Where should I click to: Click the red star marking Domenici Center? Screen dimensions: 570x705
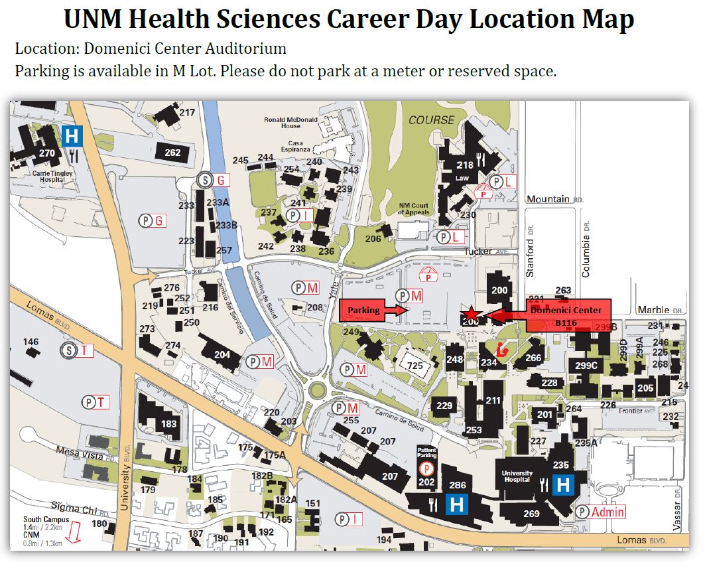coord(470,313)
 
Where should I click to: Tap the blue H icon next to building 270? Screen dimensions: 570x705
coord(72,137)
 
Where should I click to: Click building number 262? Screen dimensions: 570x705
coord(172,153)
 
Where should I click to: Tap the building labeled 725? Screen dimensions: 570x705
coord(415,366)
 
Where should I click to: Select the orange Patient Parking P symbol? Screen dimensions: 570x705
coord(426,468)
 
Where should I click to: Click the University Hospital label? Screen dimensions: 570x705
coord(517,476)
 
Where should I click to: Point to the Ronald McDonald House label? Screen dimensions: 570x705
coord(290,123)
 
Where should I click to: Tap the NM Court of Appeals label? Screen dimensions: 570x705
coord(415,209)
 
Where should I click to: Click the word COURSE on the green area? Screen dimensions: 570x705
coord(431,120)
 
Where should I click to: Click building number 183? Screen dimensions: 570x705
coord(169,424)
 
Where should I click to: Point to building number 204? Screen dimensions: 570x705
coord(222,354)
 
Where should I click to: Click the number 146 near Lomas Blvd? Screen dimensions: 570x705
coord(31,342)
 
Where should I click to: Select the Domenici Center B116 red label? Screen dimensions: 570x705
coord(566,316)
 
